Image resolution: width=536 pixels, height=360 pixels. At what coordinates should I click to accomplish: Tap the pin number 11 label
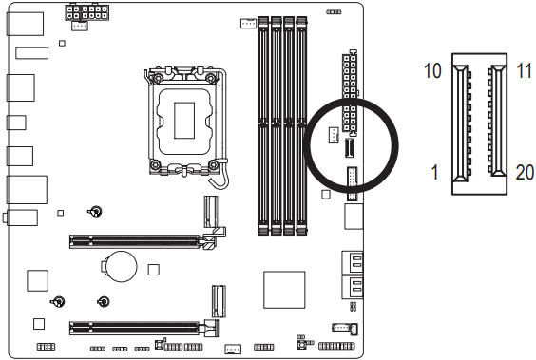[524, 71]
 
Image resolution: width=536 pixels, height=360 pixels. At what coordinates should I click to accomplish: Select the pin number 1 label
[435, 175]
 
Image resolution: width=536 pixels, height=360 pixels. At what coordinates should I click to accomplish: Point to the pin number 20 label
[524, 175]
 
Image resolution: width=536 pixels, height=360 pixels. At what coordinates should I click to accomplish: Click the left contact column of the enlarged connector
[461, 123]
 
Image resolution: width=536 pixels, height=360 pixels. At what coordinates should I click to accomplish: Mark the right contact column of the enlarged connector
[494, 123]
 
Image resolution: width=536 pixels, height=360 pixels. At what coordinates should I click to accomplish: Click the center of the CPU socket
[188, 118]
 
